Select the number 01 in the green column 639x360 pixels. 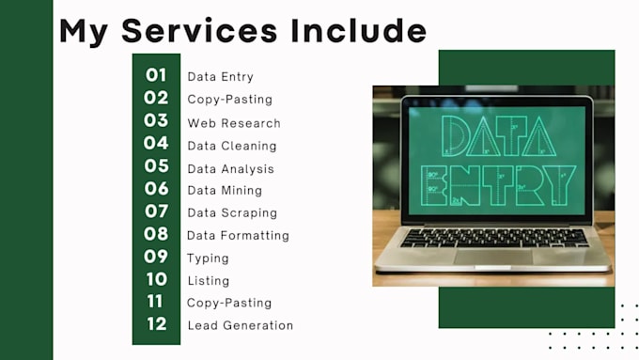coord(156,76)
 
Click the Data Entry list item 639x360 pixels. coord(220,77)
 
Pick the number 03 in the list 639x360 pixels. coord(156,121)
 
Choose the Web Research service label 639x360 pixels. coord(233,123)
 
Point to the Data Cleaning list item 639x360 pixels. coord(231,146)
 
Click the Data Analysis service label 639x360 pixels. coord(230,169)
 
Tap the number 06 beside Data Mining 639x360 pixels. coord(156,189)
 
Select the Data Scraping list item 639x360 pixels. coord(232,212)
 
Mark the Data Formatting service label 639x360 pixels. coord(238,235)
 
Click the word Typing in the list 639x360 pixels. coord(208,258)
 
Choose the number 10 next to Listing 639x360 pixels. coord(156,279)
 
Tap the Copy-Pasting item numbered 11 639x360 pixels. coord(229,303)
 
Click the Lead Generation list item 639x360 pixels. coord(240,325)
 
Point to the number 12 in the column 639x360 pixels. coord(156,324)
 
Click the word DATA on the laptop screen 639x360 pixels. coord(499,136)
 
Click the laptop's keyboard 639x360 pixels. coord(494,237)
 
